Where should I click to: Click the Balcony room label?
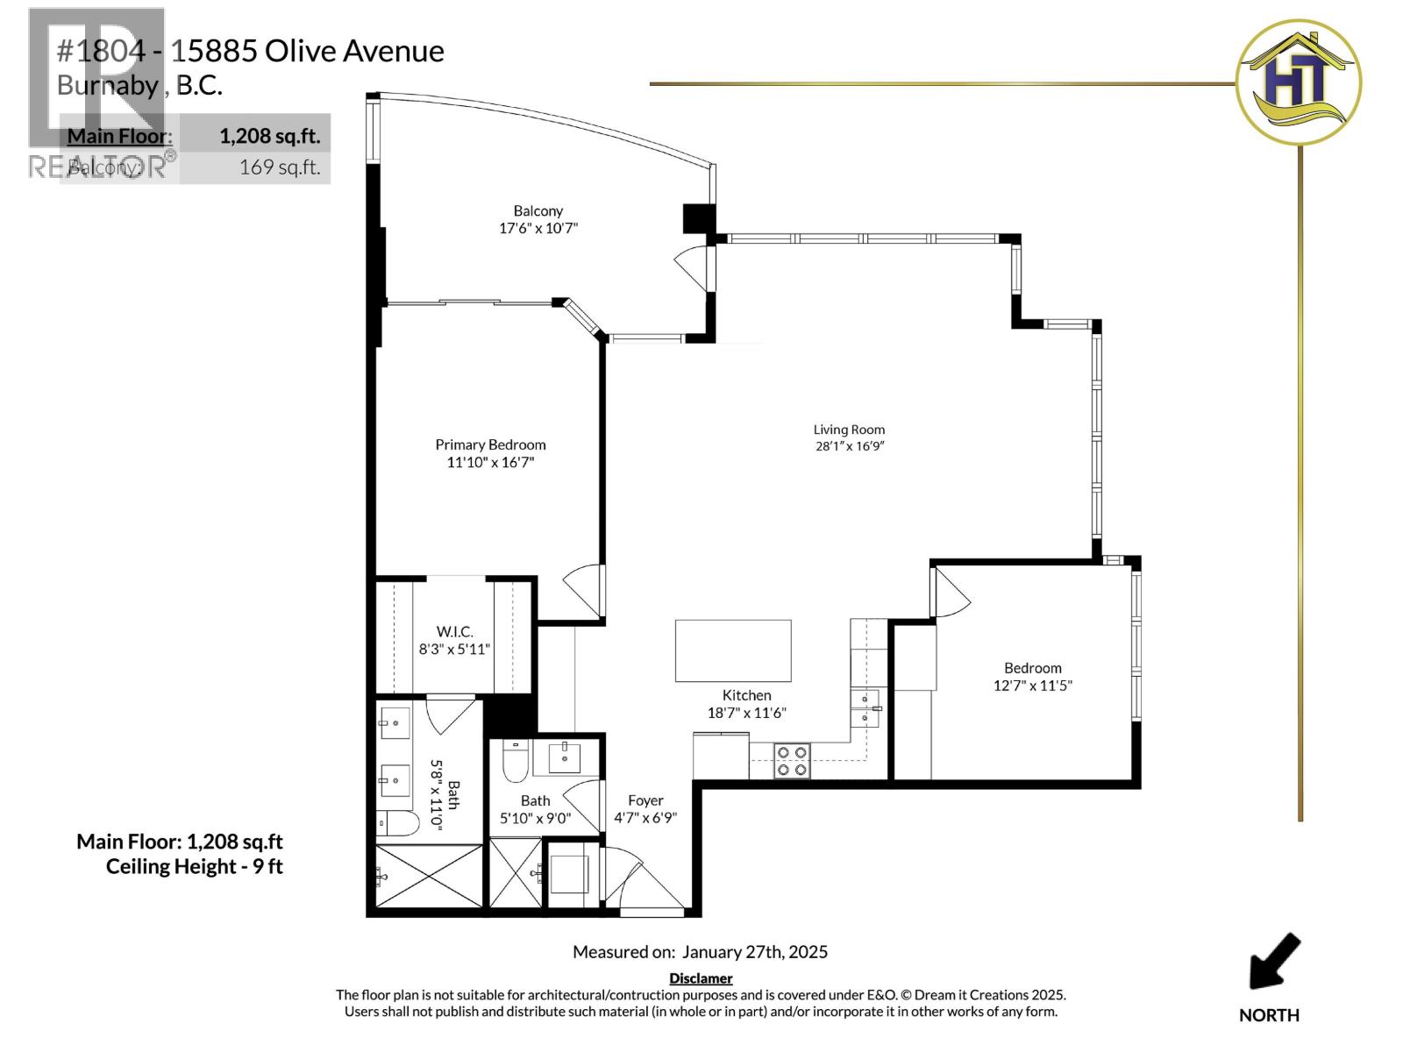[x=538, y=211]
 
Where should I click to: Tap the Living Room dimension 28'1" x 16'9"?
[x=849, y=446]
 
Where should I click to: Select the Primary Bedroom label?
[x=490, y=445]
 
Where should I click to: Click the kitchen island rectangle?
[x=733, y=650]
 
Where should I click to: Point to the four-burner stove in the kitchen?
[x=792, y=761]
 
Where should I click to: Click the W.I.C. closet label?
[x=454, y=632]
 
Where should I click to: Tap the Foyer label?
[x=645, y=800]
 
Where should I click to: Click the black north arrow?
[x=1274, y=961]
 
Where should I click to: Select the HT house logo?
[x=1298, y=82]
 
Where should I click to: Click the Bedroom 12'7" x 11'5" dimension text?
[x=1032, y=686]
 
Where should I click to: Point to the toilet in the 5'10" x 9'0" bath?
[x=514, y=761]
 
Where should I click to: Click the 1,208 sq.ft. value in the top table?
[x=269, y=136]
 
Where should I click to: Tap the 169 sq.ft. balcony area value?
[x=279, y=167]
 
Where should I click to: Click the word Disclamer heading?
[x=701, y=978]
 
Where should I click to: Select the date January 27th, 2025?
[x=754, y=952]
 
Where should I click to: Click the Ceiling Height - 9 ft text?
[x=194, y=867]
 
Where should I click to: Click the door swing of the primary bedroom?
[x=583, y=589]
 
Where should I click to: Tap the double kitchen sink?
[x=865, y=708]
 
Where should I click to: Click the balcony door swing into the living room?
[x=693, y=266]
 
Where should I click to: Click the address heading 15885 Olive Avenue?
[x=307, y=51]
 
